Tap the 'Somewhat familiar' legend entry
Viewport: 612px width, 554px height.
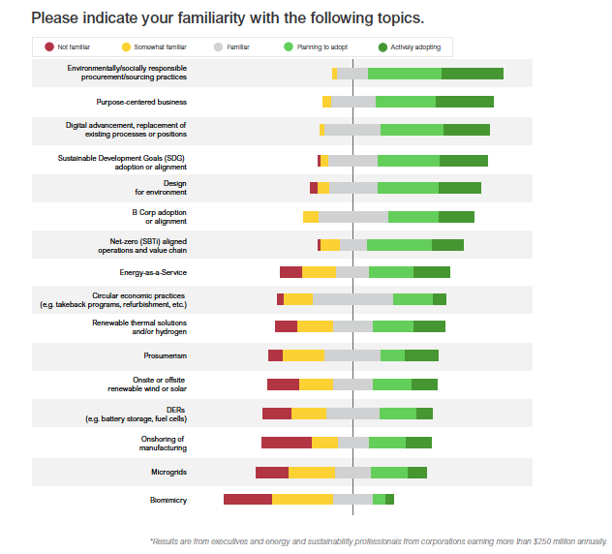point(155,46)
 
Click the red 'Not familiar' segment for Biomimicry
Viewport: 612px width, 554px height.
point(248,500)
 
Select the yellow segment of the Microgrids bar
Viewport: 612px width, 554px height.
point(312,473)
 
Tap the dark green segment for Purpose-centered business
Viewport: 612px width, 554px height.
point(465,102)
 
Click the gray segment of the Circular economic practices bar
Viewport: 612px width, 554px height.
point(352,299)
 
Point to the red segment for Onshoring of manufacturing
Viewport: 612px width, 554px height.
point(287,443)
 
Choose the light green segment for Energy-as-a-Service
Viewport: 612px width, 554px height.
point(391,272)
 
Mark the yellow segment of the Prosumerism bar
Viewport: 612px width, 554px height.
point(303,355)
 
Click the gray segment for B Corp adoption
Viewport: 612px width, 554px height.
point(353,216)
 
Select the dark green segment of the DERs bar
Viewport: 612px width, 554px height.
point(424,414)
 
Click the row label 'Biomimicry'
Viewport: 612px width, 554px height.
point(168,500)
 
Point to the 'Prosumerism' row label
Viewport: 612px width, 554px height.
point(165,355)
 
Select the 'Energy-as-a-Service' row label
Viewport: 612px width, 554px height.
point(153,272)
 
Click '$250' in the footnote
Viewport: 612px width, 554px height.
point(536,540)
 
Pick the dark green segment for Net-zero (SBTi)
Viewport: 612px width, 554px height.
point(447,245)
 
